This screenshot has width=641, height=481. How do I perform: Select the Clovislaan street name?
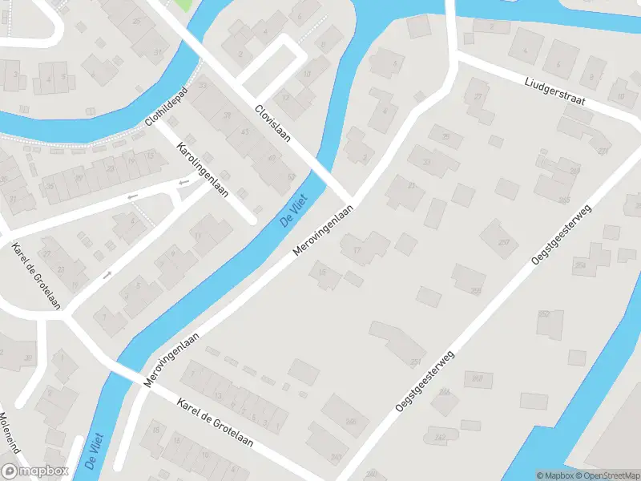(x=272, y=123)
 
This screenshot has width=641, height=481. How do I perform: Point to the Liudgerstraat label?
(x=555, y=91)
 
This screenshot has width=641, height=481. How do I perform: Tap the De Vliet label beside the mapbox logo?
(x=95, y=451)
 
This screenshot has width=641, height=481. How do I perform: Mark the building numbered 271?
(x=603, y=151)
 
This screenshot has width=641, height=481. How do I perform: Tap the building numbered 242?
(x=440, y=437)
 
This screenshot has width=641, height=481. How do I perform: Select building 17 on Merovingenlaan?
(x=356, y=249)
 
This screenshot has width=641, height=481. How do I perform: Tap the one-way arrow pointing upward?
(x=107, y=274)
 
